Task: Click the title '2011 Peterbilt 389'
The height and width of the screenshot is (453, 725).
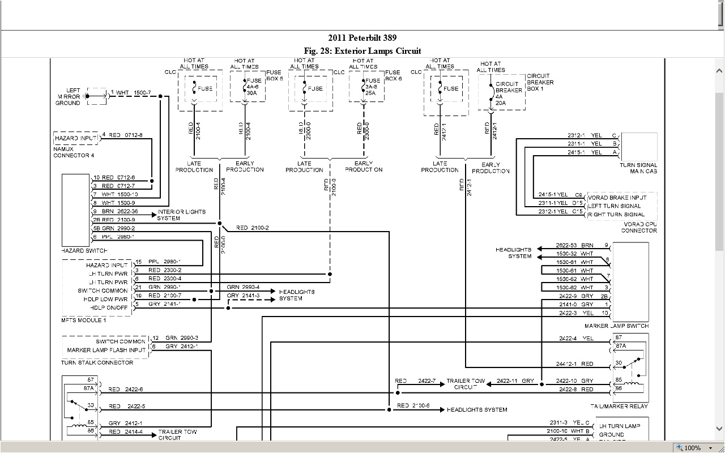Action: coord(362,38)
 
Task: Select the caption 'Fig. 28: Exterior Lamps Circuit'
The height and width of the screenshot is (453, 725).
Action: coord(362,51)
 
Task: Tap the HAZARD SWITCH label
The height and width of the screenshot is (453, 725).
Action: coord(84,250)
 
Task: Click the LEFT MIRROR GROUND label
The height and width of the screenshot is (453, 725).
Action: coord(68,96)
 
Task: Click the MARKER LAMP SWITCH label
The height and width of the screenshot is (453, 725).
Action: coord(616,326)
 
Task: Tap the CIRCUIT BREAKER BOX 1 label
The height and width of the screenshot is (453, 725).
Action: coord(540,83)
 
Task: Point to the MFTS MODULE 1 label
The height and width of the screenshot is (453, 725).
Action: coord(83,320)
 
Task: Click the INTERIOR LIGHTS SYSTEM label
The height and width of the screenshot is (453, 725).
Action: coord(181,215)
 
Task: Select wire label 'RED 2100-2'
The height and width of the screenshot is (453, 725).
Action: coord(253,228)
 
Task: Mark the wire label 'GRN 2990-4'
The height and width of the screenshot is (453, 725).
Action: coord(243,287)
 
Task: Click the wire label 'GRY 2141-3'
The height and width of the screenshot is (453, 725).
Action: coord(243,296)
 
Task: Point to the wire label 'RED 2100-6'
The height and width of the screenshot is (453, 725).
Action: coord(413,405)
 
